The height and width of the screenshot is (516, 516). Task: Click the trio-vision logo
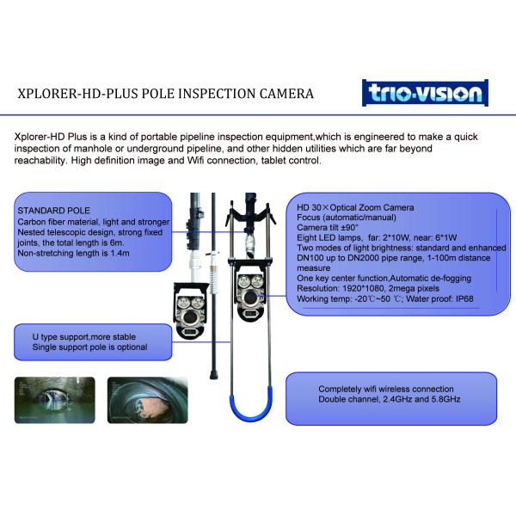[x=425, y=93]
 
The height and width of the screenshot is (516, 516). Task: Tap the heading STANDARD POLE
[x=53, y=211]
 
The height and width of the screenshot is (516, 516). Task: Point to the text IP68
[x=464, y=298]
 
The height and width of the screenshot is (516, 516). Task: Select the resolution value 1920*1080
[x=363, y=289]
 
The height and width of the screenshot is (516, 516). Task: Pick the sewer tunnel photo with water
[x=55, y=400]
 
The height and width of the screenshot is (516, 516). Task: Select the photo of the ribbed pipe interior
[x=147, y=400]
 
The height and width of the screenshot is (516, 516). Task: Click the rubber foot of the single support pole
[x=213, y=374]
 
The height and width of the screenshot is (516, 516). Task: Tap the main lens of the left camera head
[x=190, y=317]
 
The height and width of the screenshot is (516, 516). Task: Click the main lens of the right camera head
[x=250, y=298]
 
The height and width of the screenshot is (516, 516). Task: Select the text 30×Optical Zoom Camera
[x=360, y=207]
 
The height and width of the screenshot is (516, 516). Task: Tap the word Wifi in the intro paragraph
[x=195, y=161]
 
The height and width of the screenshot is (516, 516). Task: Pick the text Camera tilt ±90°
[x=328, y=227]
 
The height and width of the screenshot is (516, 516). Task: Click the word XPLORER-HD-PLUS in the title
[x=78, y=94]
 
